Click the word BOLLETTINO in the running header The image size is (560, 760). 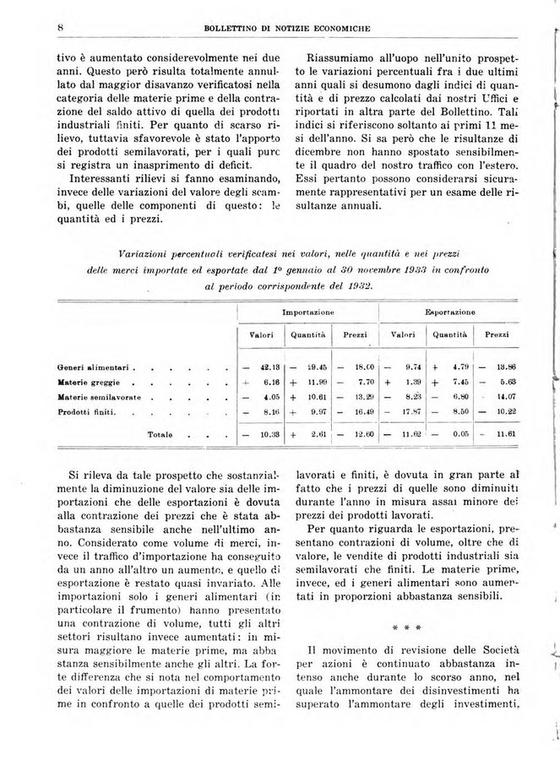[235, 30]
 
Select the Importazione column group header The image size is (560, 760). [307, 312]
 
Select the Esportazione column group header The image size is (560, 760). [453, 312]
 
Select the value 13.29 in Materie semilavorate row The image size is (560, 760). [362, 397]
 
